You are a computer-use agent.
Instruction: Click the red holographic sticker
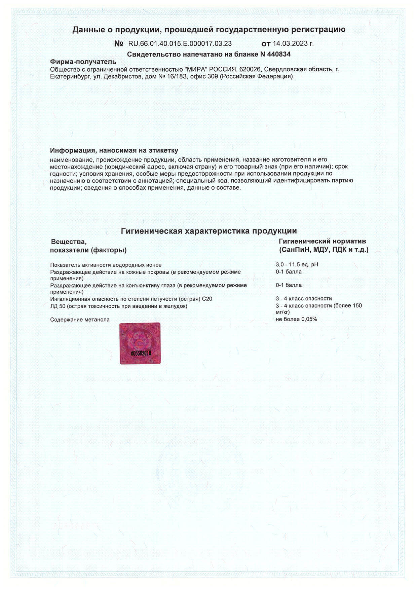coord(140,343)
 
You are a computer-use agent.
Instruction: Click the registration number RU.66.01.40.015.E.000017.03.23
coord(180,44)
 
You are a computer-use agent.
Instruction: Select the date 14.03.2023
coord(290,44)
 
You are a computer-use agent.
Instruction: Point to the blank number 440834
coord(279,54)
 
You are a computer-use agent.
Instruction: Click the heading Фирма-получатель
coord(83,62)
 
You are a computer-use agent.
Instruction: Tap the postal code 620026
coord(250,69)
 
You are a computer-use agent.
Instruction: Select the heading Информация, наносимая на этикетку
coord(114,150)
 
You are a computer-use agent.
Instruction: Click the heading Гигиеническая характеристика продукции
coord(208,231)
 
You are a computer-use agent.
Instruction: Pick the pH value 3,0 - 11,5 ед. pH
coord(297,264)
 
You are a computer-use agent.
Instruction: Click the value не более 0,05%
coord(296,319)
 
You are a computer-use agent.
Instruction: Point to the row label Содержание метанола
coord(80,320)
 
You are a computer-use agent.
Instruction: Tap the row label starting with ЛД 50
coord(118,306)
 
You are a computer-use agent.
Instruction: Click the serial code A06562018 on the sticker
coord(141,353)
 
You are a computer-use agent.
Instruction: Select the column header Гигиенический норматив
coord(322,241)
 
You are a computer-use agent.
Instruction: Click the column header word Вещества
coord(69,242)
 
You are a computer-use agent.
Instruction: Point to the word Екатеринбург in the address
coord(69,76)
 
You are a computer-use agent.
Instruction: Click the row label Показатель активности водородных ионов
coord(106,265)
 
